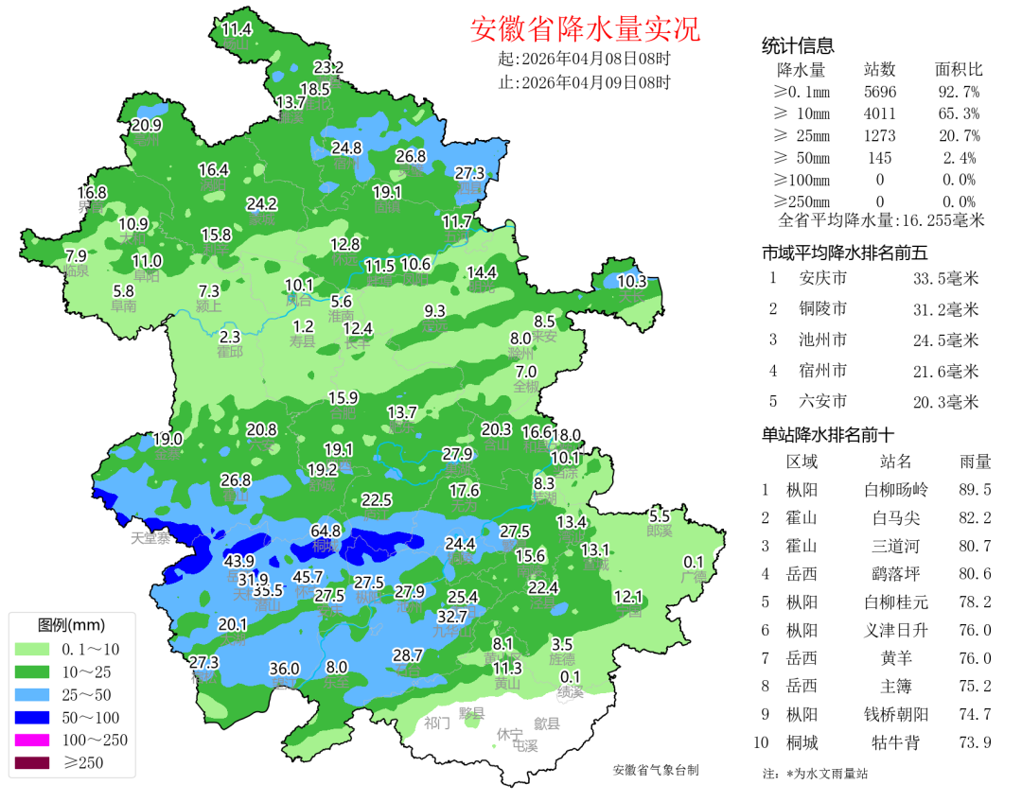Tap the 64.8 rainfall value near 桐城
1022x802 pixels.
tap(325, 532)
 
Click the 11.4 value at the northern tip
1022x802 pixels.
tap(237, 29)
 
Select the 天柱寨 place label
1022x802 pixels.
tap(150, 538)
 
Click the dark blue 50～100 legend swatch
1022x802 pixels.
tap(33, 717)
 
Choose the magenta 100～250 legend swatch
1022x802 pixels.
tap(33, 740)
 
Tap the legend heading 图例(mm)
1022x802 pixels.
tap(71, 625)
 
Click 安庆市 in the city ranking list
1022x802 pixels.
tap(822, 279)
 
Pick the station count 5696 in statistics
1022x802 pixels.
tap(880, 92)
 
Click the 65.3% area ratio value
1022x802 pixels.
tap(958, 113)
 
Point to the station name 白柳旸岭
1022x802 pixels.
tap(896, 490)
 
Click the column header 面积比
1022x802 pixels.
tap(959, 70)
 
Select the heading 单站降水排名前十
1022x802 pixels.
tap(828, 435)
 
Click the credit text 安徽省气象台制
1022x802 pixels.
tap(655, 770)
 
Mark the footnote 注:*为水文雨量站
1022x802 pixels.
tap(815, 773)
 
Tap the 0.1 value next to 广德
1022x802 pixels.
tap(694, 561)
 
